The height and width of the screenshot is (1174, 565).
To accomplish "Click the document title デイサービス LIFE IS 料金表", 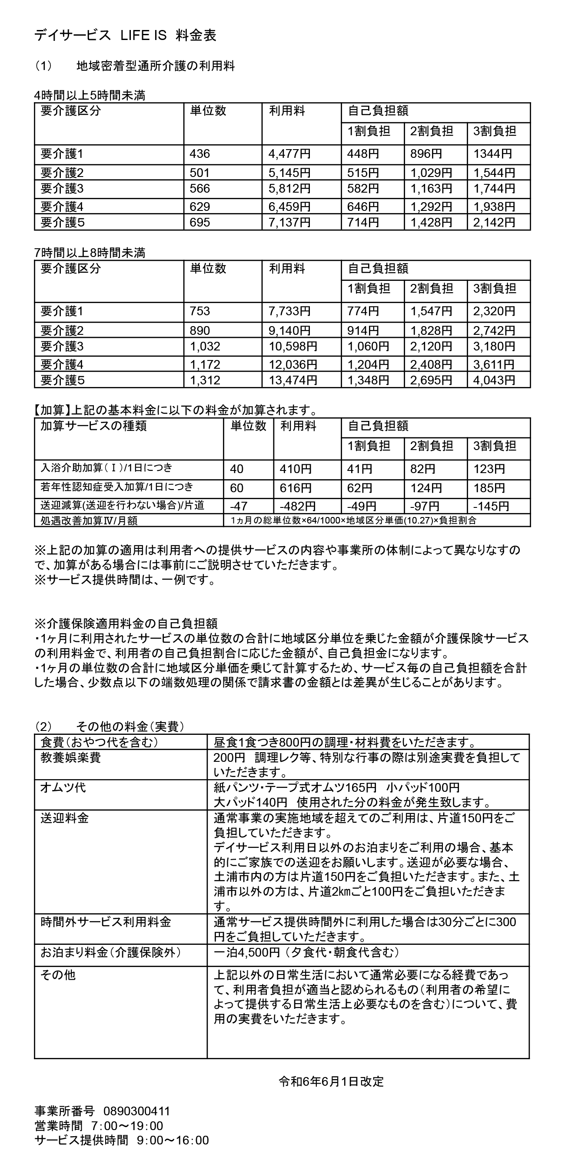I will click(125, 36).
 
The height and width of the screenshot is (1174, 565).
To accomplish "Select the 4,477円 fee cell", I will click(289, 154).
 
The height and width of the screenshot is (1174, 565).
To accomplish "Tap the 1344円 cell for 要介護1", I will click(492, 154).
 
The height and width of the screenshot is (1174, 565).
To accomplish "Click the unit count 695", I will click(199, 222).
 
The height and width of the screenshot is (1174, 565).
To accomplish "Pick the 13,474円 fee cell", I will click(292, 380).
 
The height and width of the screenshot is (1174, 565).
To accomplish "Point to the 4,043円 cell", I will click(494, 380).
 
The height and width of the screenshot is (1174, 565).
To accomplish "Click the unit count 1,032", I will click(205, 347).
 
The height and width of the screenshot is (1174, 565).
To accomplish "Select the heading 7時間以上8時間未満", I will click(90, 253).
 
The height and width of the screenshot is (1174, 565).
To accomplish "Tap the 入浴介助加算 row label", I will click(106, 467).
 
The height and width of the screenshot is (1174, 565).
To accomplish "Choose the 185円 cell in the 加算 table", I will click(489, 488).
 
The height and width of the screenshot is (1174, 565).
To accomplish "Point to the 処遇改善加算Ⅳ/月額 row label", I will click(89, 520).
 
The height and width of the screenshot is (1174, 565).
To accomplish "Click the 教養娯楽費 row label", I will click(70, 757).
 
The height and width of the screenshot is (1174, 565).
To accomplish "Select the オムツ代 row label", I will click(63, 787).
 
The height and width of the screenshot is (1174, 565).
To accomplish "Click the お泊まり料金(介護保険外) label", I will click(111, 953).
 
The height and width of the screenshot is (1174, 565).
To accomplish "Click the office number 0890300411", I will click(137, 1111).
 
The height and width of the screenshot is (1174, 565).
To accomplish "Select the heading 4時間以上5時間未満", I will click(90, 95).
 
